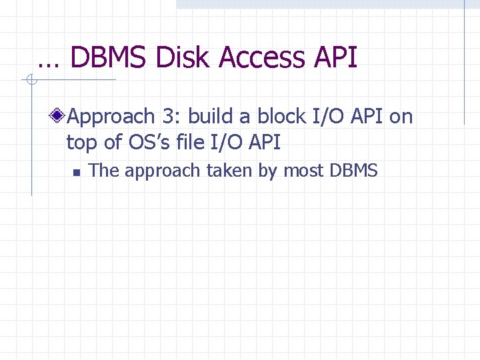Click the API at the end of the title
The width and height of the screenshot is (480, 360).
(x=335, y=58)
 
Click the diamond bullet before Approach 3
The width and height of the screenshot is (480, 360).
(x=59, y=117)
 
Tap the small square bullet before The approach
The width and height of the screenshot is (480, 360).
(x=76, y=172)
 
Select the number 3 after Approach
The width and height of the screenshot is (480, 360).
(x=169, y=117)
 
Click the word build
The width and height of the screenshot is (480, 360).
(x=209, y=117)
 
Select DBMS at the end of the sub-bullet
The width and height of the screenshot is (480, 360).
(x=353, y=171)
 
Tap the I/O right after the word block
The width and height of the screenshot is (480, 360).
(x=327, y=117)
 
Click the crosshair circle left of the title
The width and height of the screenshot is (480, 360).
(x=30, y=81)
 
